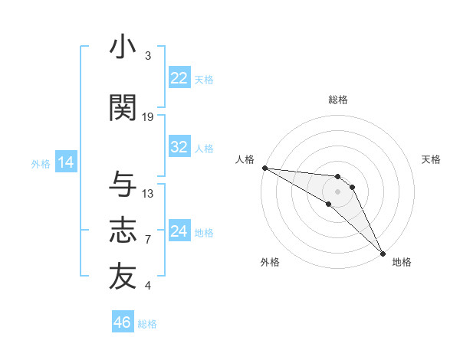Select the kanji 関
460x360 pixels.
[123, 108]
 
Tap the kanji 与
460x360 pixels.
[123, 185]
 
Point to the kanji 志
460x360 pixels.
[123, 231]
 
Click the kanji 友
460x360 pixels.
[123, 277]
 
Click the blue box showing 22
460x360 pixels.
[179, 78]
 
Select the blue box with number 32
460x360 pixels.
[179, 147]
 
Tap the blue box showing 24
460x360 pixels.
[179, 231]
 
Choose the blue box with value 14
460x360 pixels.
[65, 162]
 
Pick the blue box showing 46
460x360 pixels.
[122, 322]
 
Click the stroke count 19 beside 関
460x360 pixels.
[148, 117]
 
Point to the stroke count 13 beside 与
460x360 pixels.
[148, 194]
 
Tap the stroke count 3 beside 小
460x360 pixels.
[148, 56]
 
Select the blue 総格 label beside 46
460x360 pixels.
[147, 324]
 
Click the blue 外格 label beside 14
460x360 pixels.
[40, 163]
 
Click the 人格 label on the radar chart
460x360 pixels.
[245, 159]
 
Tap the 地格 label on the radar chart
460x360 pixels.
[402, 262]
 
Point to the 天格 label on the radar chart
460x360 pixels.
[431, 159]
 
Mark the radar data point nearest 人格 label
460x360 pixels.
[264, 168]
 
